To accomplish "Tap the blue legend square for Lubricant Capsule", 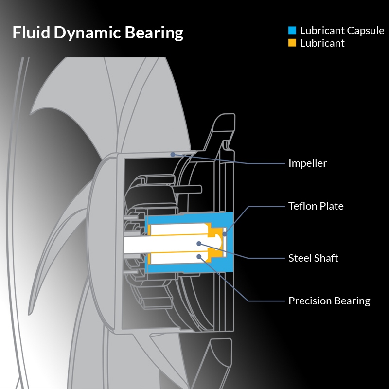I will (x=292, y=31).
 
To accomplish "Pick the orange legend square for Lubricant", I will (x=292, y=43).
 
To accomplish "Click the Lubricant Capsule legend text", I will (x=342, y=31).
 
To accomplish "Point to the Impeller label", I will (x=307, y=163).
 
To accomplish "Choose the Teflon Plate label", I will (x=316, y=206).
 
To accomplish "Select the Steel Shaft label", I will (x=313, y=257).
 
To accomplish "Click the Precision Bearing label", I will (x=329, y=301).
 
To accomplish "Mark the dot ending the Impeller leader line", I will (x=173, y=154).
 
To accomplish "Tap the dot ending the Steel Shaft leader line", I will (x=198, y=243).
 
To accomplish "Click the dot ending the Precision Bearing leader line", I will (x=198, y=256).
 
